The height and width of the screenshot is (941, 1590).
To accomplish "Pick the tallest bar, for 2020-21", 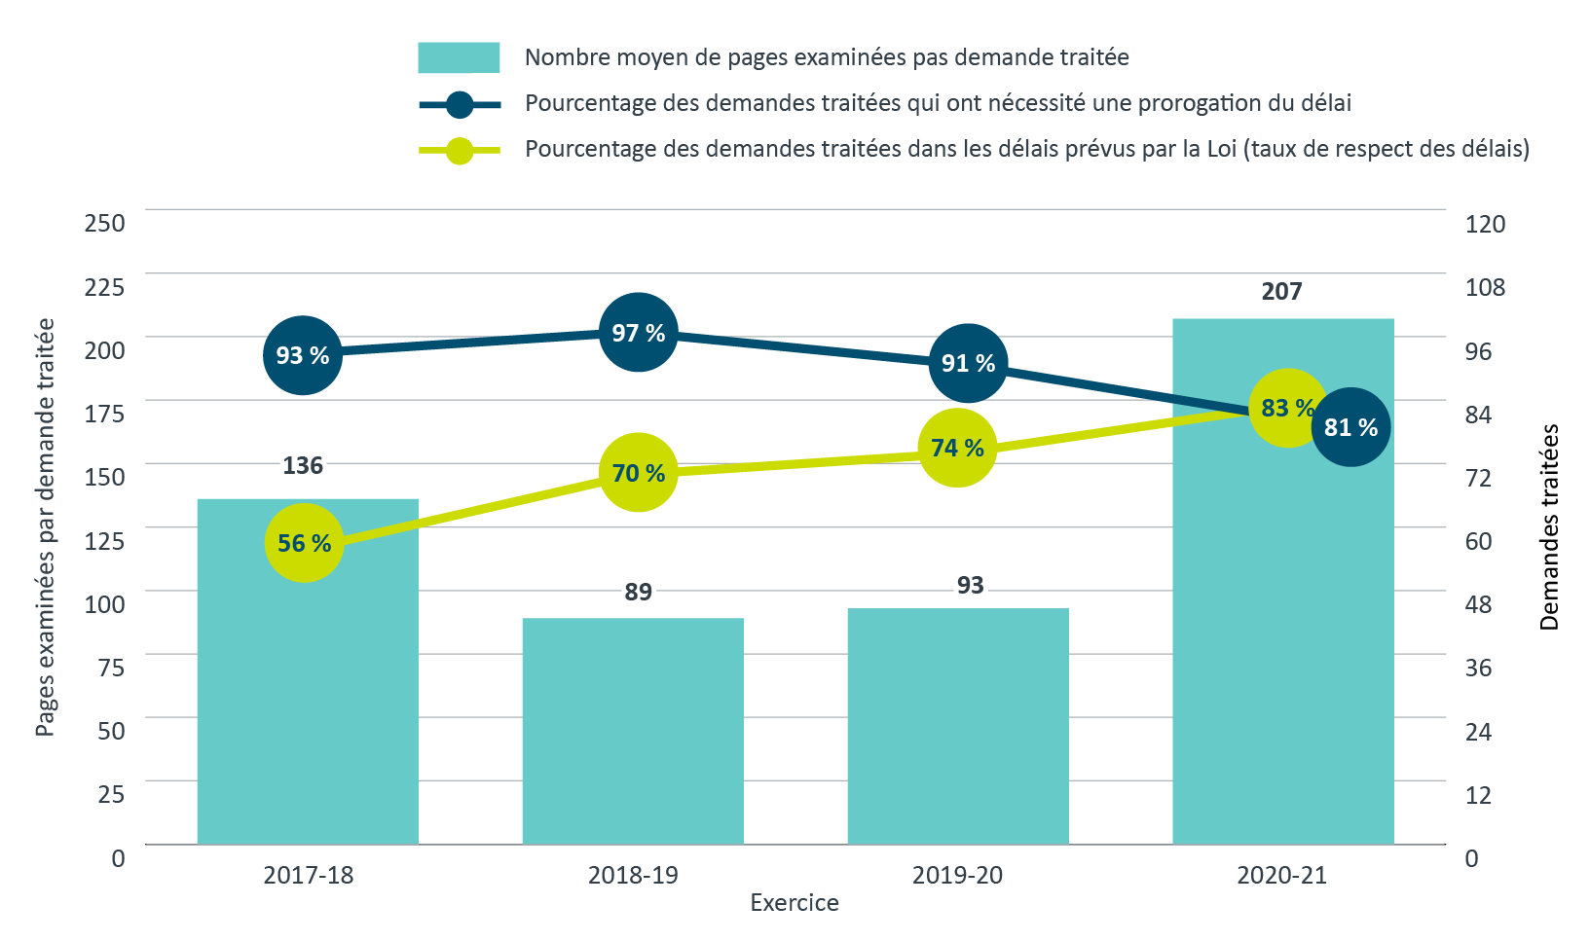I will tap(1282, 633).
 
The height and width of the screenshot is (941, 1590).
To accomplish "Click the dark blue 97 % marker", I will tap(638, 333).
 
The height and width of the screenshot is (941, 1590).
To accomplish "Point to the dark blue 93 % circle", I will tap(303, 355).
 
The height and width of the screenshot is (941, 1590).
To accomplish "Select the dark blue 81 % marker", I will tap(1350, 426).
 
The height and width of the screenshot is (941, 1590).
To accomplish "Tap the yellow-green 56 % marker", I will tap(305, 543).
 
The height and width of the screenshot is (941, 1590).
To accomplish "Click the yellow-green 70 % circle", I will tap(638, 473).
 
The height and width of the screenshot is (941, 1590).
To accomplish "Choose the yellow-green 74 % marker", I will tap(958, 448).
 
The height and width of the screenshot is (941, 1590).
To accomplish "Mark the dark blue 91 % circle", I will tap(968, 363).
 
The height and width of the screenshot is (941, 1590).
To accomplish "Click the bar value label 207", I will tap(1281, 292).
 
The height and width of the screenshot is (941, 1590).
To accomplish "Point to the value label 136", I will tap(303, 466).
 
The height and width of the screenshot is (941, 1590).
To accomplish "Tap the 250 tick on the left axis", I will tap(104, 223).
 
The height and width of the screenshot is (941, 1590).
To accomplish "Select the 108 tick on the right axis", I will tap(1485, 287).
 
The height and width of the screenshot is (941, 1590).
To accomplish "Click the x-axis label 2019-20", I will tap(957, 875).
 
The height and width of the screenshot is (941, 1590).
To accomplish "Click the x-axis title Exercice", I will tap(795, 903).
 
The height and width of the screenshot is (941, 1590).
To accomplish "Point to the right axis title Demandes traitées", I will tap(1549, 526).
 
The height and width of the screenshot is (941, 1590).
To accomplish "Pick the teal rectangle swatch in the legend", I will tap(459, 57).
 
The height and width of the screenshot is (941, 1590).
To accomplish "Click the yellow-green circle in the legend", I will tap(460, 150).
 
